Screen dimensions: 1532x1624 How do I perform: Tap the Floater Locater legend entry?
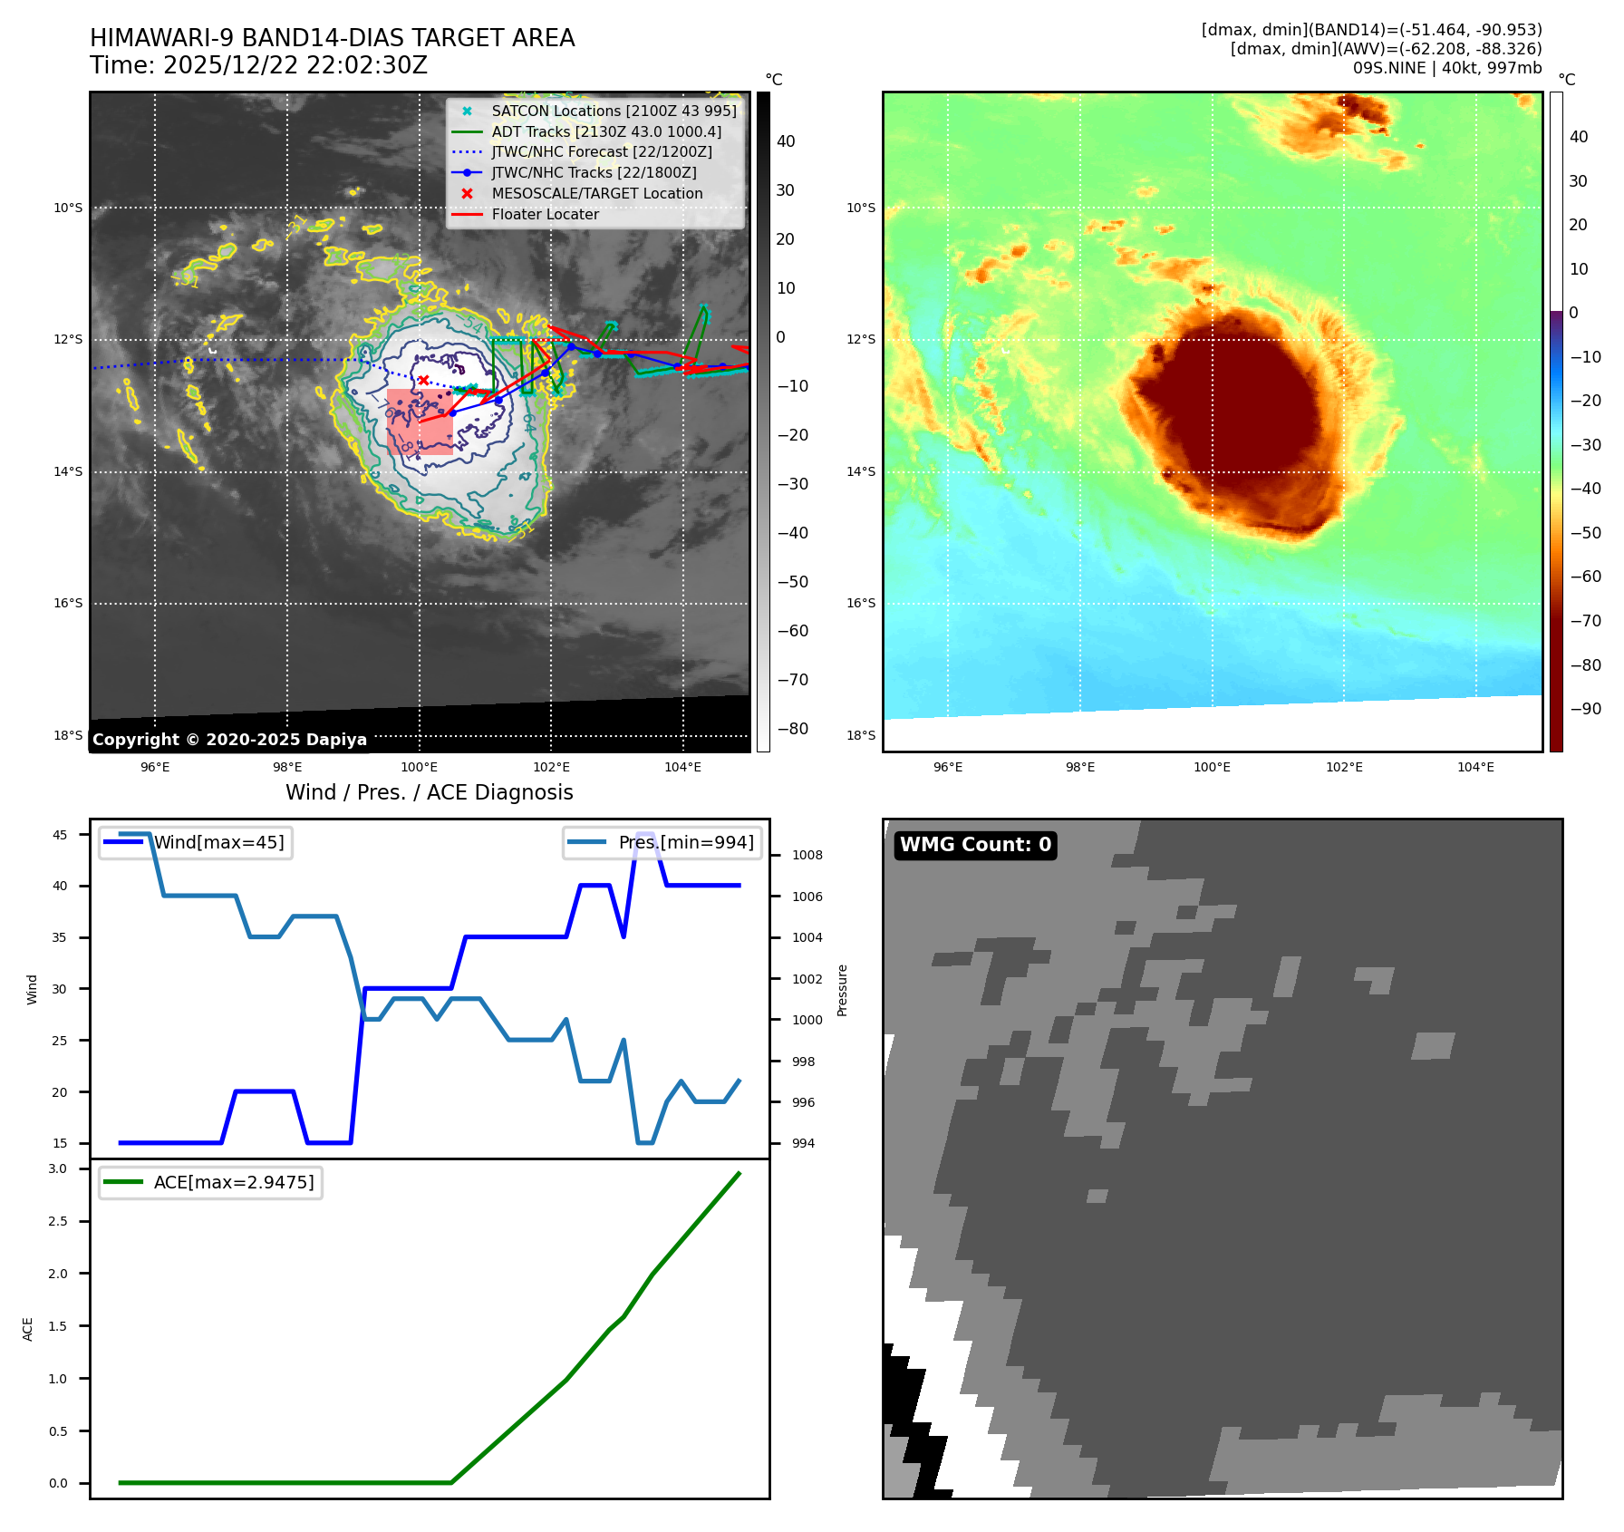[x=545, y=214]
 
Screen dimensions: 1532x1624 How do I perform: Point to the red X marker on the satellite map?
[x=423, y=380]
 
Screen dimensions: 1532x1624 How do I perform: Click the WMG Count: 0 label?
[x=975, y=845]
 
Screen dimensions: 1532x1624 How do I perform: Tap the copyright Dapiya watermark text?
[x=229, y=740]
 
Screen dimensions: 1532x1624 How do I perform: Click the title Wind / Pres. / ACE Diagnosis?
[x=429, y=792]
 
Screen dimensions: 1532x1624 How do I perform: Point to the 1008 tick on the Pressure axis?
[x=807, y=855]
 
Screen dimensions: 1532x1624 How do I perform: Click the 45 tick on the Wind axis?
[x=60, y=835]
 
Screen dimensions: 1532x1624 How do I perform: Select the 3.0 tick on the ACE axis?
[x=58, y=1168]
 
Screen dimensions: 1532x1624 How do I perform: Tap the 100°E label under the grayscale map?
[x=419, y=767]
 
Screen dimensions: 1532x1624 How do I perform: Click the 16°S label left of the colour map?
[x=861, y=603]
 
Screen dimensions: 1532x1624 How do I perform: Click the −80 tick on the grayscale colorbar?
[x=792, y=729]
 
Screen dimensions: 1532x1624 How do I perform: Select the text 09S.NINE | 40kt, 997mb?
[x=1446, y=68]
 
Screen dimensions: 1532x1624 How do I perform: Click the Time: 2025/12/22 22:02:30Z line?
[x=258, y=65]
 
